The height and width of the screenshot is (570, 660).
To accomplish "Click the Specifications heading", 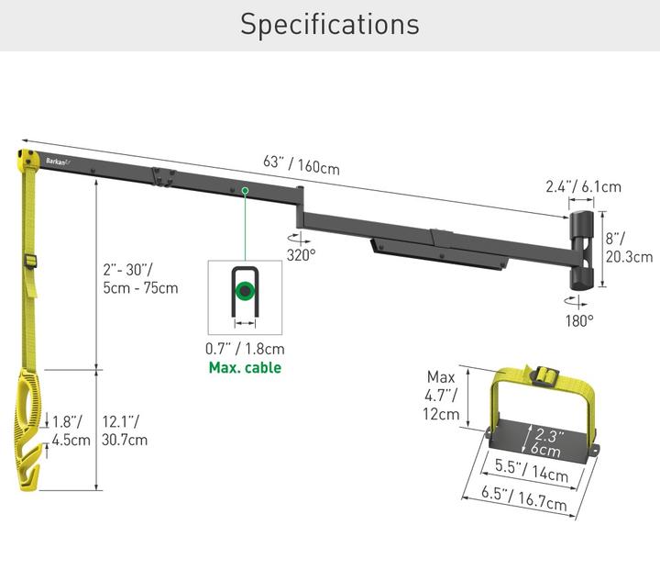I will point(330,25).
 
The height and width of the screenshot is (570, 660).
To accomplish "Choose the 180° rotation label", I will point(578,320).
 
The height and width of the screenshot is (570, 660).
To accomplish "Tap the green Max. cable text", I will point(244,368).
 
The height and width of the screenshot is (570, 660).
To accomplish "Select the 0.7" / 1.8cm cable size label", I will point(245,349).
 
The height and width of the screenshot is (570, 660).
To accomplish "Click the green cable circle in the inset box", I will point(244,294).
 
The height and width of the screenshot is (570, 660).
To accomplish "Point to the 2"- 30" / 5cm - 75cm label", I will point(139,278).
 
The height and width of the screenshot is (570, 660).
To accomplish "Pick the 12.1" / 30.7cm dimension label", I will point(125,430).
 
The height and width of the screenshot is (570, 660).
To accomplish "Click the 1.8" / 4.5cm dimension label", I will point(71,430).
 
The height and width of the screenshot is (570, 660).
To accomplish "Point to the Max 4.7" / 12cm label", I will point(441,395).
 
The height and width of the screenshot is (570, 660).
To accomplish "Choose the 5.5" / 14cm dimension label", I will point(532,470).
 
